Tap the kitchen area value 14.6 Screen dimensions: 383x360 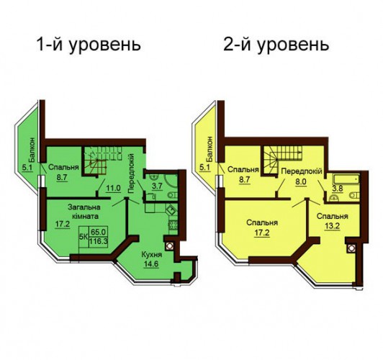click(151, 264)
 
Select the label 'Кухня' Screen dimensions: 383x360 click(152, 254)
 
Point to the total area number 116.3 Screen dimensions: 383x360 click(99, 241)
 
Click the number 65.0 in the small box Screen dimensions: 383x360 click(98, 232)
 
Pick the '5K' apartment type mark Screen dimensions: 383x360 click(84, 237)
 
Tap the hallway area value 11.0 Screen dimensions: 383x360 click(114, 189)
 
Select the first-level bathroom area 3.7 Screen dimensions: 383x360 click(157, 186)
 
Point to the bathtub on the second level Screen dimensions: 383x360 click(346, 179)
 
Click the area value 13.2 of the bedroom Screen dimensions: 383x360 click(333, 225)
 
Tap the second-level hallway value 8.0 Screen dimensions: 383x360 click(301, 182)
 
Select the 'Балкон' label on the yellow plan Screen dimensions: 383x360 click(209, 149)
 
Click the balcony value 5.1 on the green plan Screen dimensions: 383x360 click(27, 168)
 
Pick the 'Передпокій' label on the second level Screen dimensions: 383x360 click(302, 171)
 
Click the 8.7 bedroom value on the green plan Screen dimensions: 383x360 click(62, 177)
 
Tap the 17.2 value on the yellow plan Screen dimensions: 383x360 click(262, 233)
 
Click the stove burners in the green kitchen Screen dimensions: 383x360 click(173, 225)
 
